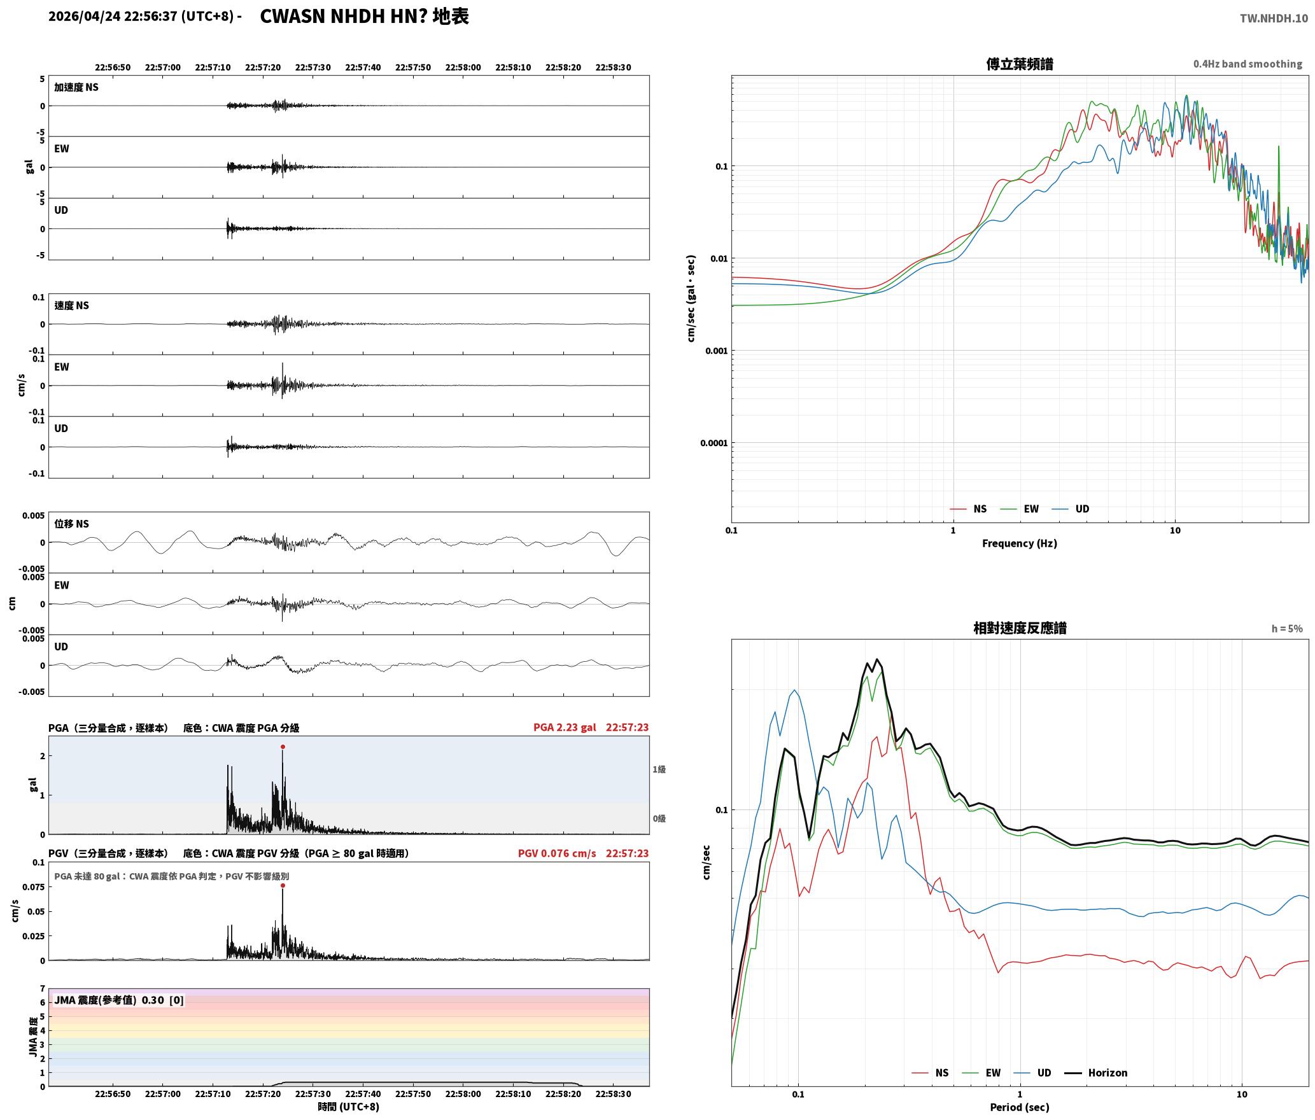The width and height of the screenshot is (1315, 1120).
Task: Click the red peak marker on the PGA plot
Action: point(283,747)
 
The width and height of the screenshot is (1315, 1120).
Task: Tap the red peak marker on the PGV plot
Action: point(283,886)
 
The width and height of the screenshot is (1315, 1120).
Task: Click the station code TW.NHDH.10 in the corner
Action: point(1274,18)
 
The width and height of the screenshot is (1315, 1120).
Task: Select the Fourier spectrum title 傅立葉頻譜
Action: point(1019,64)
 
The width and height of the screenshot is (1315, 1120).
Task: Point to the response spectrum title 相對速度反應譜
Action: point(1020,628)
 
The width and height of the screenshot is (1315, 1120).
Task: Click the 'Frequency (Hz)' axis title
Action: point(1019,543)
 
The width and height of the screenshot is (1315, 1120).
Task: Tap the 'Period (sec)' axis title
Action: point(1019,1107)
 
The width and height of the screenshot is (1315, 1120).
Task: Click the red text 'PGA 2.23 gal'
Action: point(565,727)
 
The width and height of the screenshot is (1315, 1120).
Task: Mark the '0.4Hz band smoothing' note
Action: point(1248,64)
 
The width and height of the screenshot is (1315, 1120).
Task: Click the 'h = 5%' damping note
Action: point(1287,629)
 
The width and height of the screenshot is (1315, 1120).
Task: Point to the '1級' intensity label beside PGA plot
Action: point(659,769)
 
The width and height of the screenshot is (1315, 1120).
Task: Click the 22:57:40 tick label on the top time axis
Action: point(363,67)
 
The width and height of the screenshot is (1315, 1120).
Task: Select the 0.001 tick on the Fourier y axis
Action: point(716,351)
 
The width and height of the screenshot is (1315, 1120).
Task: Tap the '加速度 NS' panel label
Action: point(76,87)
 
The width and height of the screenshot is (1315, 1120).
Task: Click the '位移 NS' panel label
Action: point(71,524)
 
